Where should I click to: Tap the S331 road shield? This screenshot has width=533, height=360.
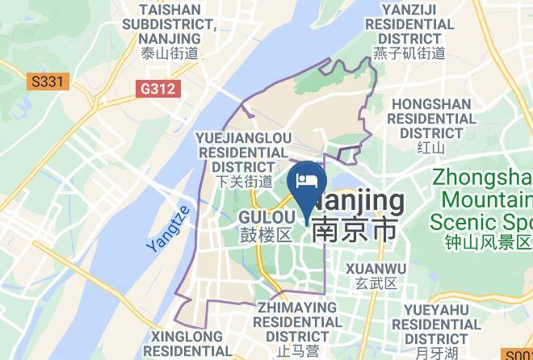pyautogui.click(x=48, y=82)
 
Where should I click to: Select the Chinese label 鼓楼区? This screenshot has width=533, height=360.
pyautogui.click(x=266, y=235)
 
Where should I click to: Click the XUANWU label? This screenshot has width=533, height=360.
pyautogui.click(x=376, y=268)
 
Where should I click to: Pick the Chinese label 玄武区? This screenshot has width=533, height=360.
pyautogui.click(x=376, y=283)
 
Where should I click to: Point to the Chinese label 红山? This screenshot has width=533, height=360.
pyautogui.click(x=430, y=148)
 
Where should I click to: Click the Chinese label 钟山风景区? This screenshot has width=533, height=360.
pyautogui.click(x=488, y=241)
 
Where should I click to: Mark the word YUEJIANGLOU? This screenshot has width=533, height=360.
pyautogui.click(x=243, y=138)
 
